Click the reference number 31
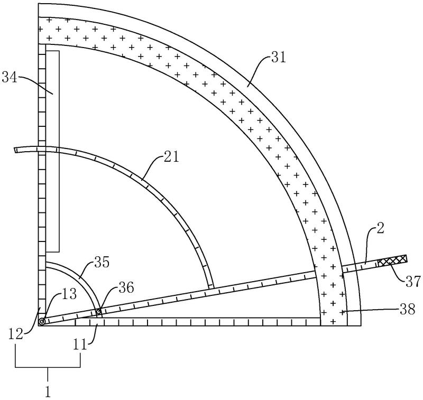pos(279,58)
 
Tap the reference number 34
pos(10,78)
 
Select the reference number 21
pos(171,157)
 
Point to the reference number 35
pos(102,262)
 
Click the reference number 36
pos(126,288)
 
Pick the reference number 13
pos(69,294)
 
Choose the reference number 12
pos(16,334)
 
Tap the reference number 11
pos(81,344)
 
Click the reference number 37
pos(412,282)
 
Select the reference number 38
pos(407,310)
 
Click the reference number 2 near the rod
pos(380,229)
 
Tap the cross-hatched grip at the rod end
pos(392,260)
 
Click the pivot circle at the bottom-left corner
pos(42,322)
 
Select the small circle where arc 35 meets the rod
pos(99,312)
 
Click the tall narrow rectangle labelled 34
pos(52,151)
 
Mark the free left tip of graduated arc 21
pos(15,150)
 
